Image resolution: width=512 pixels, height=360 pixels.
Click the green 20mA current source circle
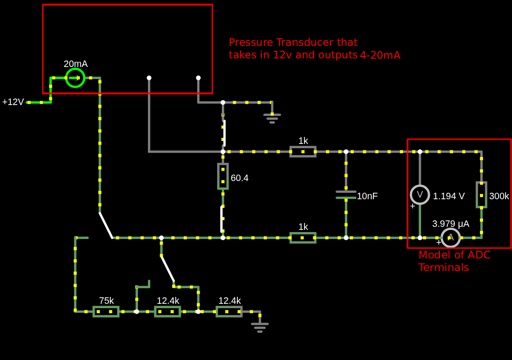coord(75,78)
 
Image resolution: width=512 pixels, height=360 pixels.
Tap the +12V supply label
coord(13,102)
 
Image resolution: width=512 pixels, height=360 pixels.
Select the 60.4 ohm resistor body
coord(223,176)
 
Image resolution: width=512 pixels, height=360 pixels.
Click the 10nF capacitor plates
coord(346,195)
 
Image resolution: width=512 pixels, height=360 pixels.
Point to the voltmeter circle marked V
coord(419,194)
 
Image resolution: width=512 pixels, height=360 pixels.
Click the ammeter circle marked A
coord(451,237)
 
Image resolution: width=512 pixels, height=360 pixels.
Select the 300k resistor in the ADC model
coord(481,195)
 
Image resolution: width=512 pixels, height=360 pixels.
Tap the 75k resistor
coord(106,311)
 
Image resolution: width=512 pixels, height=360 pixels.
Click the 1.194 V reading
coord(449,196)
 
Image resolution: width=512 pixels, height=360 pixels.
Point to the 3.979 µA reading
coord(451,224)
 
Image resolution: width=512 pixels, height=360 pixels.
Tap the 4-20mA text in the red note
coord(380,55)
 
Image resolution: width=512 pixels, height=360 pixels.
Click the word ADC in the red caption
coord(480,255)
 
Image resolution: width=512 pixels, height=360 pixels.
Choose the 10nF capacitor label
coord(367,196)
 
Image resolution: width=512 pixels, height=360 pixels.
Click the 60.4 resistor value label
coord(240,178)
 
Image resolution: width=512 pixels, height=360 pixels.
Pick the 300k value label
coord(499,196)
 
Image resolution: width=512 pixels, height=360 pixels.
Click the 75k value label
coord(106,301)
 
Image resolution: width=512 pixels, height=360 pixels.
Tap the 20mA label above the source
coord(76,64)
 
